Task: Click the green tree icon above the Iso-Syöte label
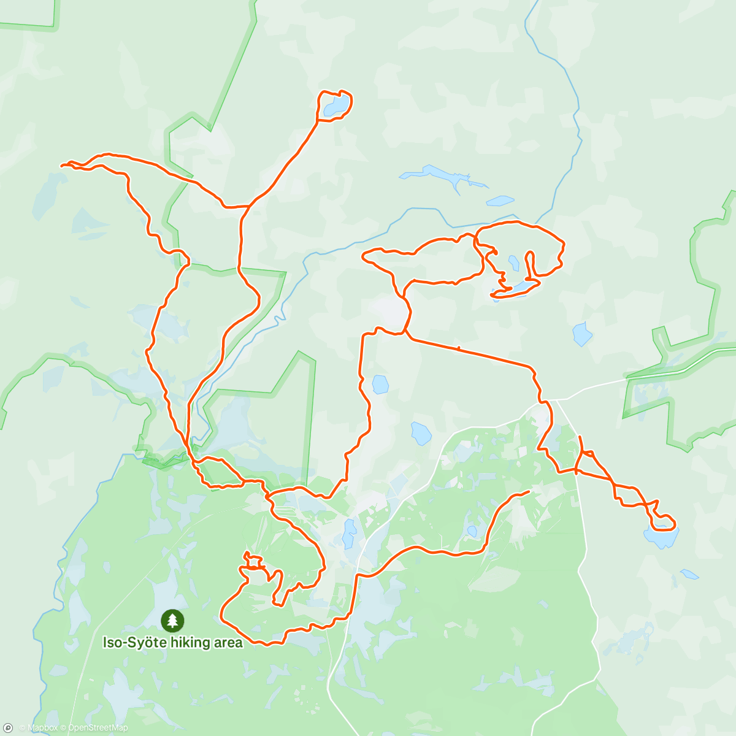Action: pos(172,621)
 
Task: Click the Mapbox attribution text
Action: pos(42,728)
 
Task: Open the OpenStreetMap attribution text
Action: pos(98,728)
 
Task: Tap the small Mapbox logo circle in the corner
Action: pos(7,728)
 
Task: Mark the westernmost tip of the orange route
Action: pos(61,165)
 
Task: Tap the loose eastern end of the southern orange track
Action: pos(528,492)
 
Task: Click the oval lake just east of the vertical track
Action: pos(380,385)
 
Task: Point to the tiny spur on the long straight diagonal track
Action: pos(458,348)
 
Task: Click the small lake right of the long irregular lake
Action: pos(500,201)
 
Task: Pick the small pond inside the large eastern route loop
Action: pos(513,263)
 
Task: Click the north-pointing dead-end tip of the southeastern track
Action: pos(580,436)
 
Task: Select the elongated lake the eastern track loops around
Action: pos(515,288)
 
